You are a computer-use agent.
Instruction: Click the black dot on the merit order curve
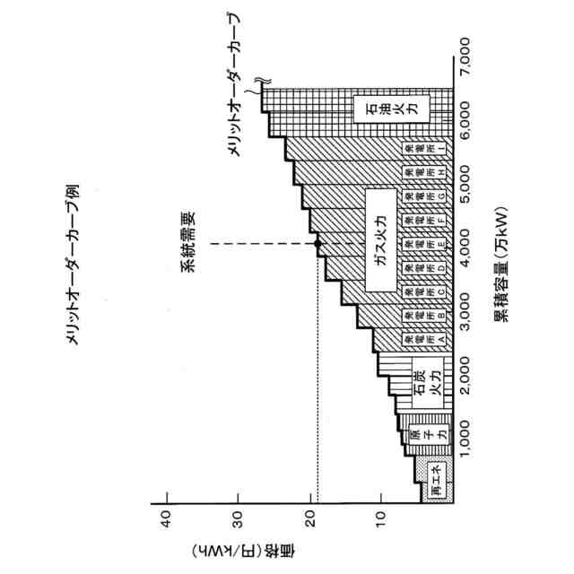pos(317,243)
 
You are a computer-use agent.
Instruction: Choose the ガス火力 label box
pos(380,242)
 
